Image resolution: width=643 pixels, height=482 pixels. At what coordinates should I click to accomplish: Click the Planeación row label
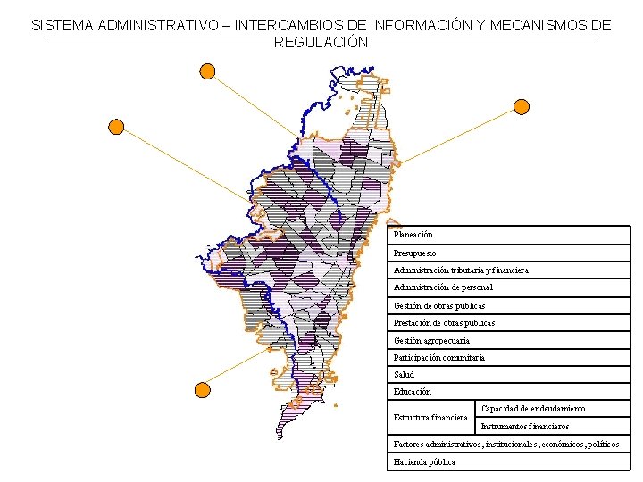(x=413, y=235)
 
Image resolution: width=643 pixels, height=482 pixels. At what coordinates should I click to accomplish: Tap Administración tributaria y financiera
(x=461, y=270)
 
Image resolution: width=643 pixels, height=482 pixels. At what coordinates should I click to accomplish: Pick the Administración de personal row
(x=443, y=287)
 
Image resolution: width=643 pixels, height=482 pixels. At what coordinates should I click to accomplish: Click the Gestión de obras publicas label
(x=439, y=305)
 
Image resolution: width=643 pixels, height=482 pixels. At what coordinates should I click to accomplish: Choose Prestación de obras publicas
(x=444, y=322)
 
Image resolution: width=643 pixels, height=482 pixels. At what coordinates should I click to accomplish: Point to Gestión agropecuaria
(x=431, y=340)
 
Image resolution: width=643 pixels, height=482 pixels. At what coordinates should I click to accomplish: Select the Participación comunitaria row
(x=439, y=357)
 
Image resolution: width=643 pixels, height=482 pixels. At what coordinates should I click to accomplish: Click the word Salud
(x=405, y=375)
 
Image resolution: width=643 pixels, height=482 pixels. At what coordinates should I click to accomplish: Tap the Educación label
(x=413, y=392)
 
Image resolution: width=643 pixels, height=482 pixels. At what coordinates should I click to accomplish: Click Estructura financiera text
(x=430, y=418)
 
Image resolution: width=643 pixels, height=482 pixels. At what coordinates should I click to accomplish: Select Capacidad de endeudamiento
(x=533, y=409)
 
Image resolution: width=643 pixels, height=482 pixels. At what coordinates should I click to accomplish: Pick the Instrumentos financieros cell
(x=525, y=427)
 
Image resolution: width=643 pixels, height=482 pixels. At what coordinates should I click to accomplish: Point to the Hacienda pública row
(x=425, y=461)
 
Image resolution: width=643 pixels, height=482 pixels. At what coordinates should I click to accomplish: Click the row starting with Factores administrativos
(x=506, y=445)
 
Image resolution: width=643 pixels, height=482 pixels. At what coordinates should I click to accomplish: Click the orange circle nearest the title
(x=207, y=71)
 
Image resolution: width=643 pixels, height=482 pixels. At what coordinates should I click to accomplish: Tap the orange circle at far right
(x=522, y=107)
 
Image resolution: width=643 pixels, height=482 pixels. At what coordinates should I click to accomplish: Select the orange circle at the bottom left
(x=203, y=389)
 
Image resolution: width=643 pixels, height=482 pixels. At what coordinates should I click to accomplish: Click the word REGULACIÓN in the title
(x=321, y=42)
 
